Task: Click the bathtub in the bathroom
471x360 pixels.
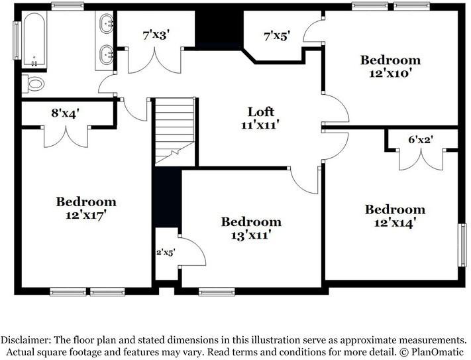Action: tap(34, 40)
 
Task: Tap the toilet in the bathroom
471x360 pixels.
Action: tap(33, 84)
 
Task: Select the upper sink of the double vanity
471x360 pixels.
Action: tap(106, 26)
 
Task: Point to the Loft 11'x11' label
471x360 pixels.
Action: tap(260, 117)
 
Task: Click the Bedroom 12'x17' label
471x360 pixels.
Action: tap(86, 208)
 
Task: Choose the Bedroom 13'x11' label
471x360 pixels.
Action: tap(251, 227)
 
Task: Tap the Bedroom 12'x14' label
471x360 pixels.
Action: tap(395, 215)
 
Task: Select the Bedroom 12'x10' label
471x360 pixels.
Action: tap(390, 66)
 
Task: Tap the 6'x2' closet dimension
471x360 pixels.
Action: tap(421, 140)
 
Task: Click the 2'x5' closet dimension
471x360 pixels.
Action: tap(165, 252)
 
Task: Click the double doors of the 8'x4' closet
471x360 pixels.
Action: tap(65, 137)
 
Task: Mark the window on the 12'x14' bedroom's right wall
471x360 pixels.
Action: tap(462, 245)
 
